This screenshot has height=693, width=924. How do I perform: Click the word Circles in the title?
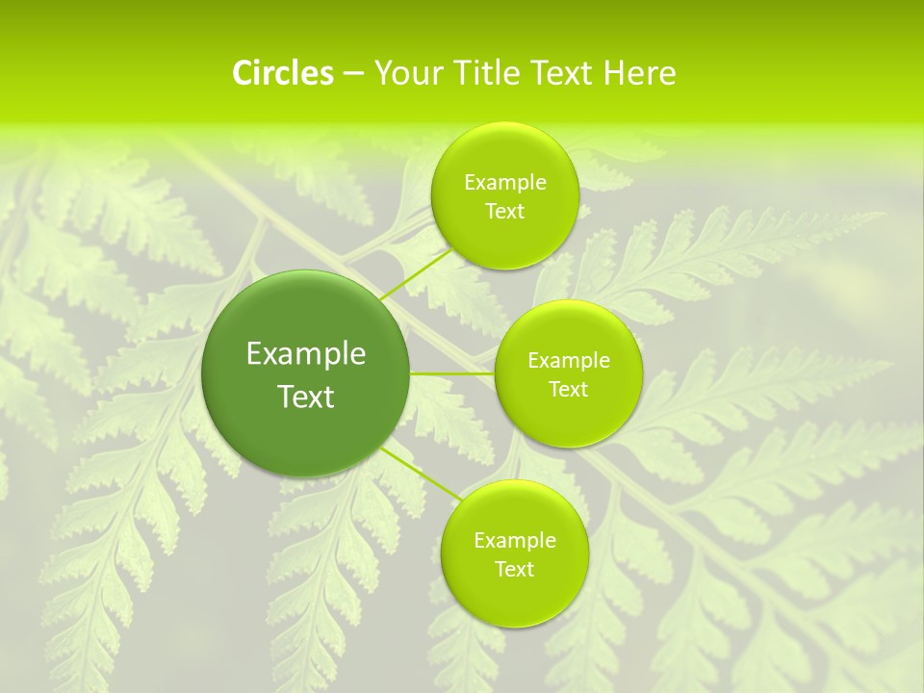(283, 73)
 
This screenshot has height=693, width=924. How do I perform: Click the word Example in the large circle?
(306, 354)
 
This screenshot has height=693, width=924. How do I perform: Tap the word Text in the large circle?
(306, 397)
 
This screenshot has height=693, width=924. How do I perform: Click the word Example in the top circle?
(504, 183)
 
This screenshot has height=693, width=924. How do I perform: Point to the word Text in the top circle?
(504, 212)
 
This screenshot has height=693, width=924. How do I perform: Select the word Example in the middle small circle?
(569, 361)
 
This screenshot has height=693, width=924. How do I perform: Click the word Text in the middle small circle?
(569, 390)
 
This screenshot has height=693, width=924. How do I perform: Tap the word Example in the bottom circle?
(514, 541)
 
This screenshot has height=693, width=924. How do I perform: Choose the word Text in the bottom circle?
(514, 570)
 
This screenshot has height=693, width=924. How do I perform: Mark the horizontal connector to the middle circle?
(452, 373)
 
